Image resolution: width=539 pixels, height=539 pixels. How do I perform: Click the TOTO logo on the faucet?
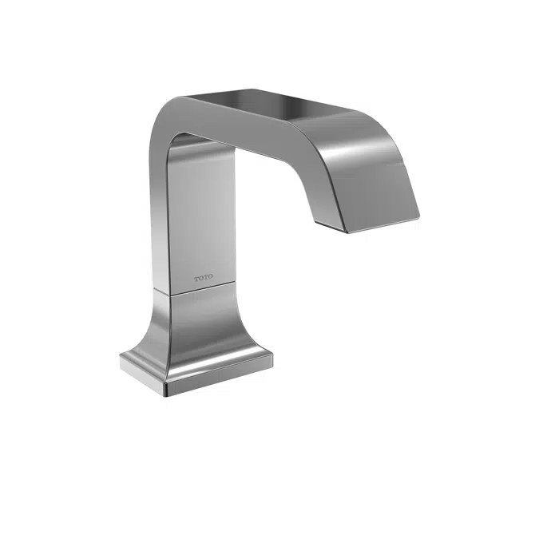pos(204,279)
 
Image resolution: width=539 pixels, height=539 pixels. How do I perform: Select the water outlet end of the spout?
pos(382,223)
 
